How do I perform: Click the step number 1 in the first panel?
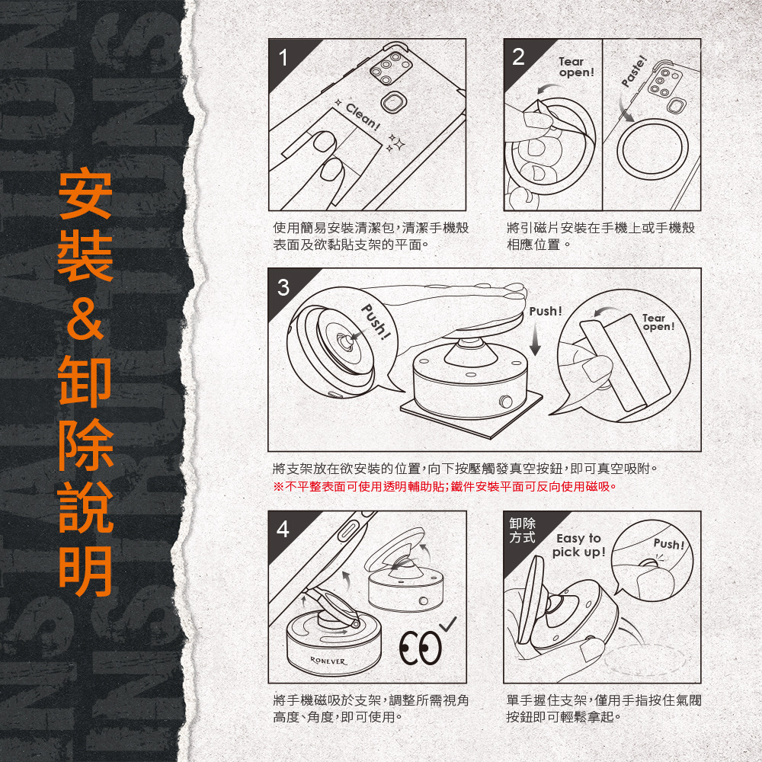[x=283, y=58]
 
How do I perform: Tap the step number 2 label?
[x=518, y=57]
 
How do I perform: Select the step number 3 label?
[x=283, y=287]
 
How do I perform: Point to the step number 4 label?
[x=283, y=530]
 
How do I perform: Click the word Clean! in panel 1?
[x=362, y=117]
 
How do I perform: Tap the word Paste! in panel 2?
[x=635, y=72]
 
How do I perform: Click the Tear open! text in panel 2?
[x=576, y=67]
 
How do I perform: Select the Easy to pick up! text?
[x=579, y=545]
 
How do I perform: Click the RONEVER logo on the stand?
[x=328, y=661]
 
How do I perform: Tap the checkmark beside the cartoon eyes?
[x=449, y=624]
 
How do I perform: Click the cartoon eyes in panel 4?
[x=421, y=648]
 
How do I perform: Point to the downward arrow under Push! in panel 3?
[x=535, y=340]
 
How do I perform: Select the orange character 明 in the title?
[x=85, y=571]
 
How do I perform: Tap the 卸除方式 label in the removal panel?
[x=523, y=530]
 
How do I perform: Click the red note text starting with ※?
[x=445, y=486]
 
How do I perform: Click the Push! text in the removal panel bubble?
[x=669, y=544]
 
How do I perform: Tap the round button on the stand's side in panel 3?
[x=506, y=402]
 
